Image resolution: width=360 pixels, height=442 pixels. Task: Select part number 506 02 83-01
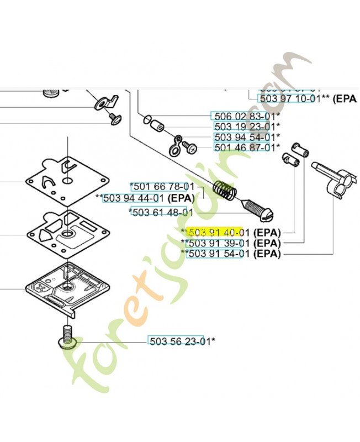point(243,117)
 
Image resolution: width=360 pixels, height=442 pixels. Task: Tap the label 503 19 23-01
point(243,127)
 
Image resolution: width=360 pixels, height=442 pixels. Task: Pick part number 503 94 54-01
point(243,137)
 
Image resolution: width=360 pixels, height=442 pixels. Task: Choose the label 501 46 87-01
point(243,148)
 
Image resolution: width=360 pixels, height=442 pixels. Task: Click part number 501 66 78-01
point(163,187)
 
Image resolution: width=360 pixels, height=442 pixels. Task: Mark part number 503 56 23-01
point(176,340)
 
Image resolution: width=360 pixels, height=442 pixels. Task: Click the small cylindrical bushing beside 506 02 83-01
point(157,125)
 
